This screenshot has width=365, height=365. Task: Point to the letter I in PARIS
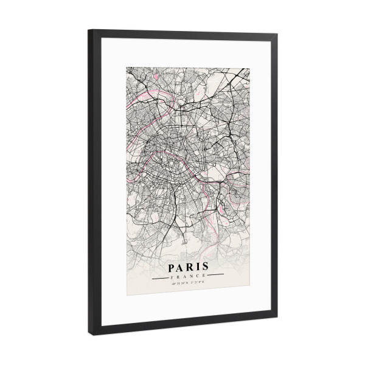(x=199, y=266)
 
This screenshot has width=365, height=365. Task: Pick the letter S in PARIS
(x=206, y=266)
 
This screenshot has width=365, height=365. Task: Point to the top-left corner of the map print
(x=127, y=67)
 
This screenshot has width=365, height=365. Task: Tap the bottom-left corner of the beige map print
(x=127, y=296)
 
